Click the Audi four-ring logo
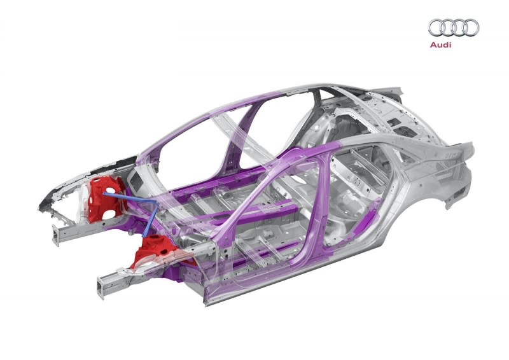pyautogui.click(x=454, y=27)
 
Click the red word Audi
pyautogui.click(x=440, y=45)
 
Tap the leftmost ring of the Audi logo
pyautogui.click(x=436, y=27)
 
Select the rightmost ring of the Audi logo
pyautogui.click(x=471, y=27)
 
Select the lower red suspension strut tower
pyautogui.click(x=155, y=250)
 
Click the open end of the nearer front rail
pyautogui.click(x=101, y=287)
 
